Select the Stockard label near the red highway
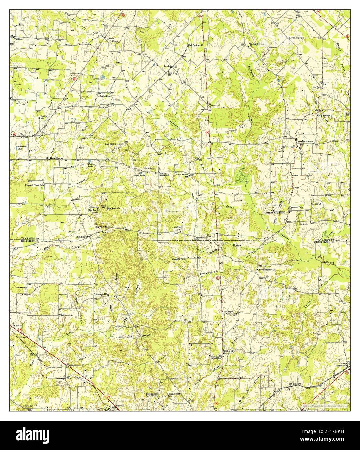[x=73, y=365]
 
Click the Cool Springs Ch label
[x=196, y=45]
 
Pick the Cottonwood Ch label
[x=101, y=294]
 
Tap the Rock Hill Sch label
[x=112, y=144]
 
